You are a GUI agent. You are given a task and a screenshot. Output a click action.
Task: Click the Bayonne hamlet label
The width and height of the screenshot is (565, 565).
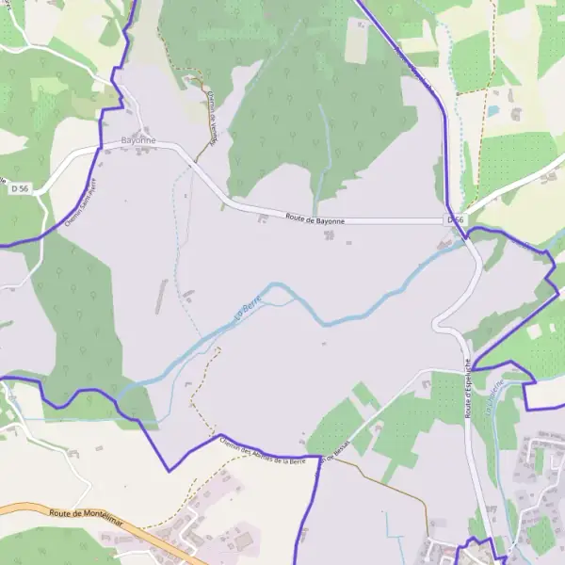point(138,140)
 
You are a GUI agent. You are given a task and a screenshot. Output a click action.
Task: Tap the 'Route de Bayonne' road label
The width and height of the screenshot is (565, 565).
point(315,219)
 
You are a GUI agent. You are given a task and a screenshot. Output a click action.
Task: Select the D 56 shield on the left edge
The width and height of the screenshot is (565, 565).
point(19,189)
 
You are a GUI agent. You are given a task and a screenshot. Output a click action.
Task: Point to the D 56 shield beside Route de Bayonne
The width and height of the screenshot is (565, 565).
point(456,219)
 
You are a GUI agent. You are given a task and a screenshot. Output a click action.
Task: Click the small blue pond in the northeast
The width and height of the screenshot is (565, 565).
point(493,111)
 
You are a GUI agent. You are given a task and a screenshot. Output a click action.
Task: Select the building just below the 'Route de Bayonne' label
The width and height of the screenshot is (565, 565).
point(328,233)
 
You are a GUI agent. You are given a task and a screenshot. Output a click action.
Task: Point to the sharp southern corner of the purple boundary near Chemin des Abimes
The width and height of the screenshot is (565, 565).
point(169,470)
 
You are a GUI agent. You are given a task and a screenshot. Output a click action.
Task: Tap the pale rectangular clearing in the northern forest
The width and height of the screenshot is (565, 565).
point(356,40)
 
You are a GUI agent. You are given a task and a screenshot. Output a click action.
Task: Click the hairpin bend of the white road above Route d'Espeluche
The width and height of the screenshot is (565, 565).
point(438,323)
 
